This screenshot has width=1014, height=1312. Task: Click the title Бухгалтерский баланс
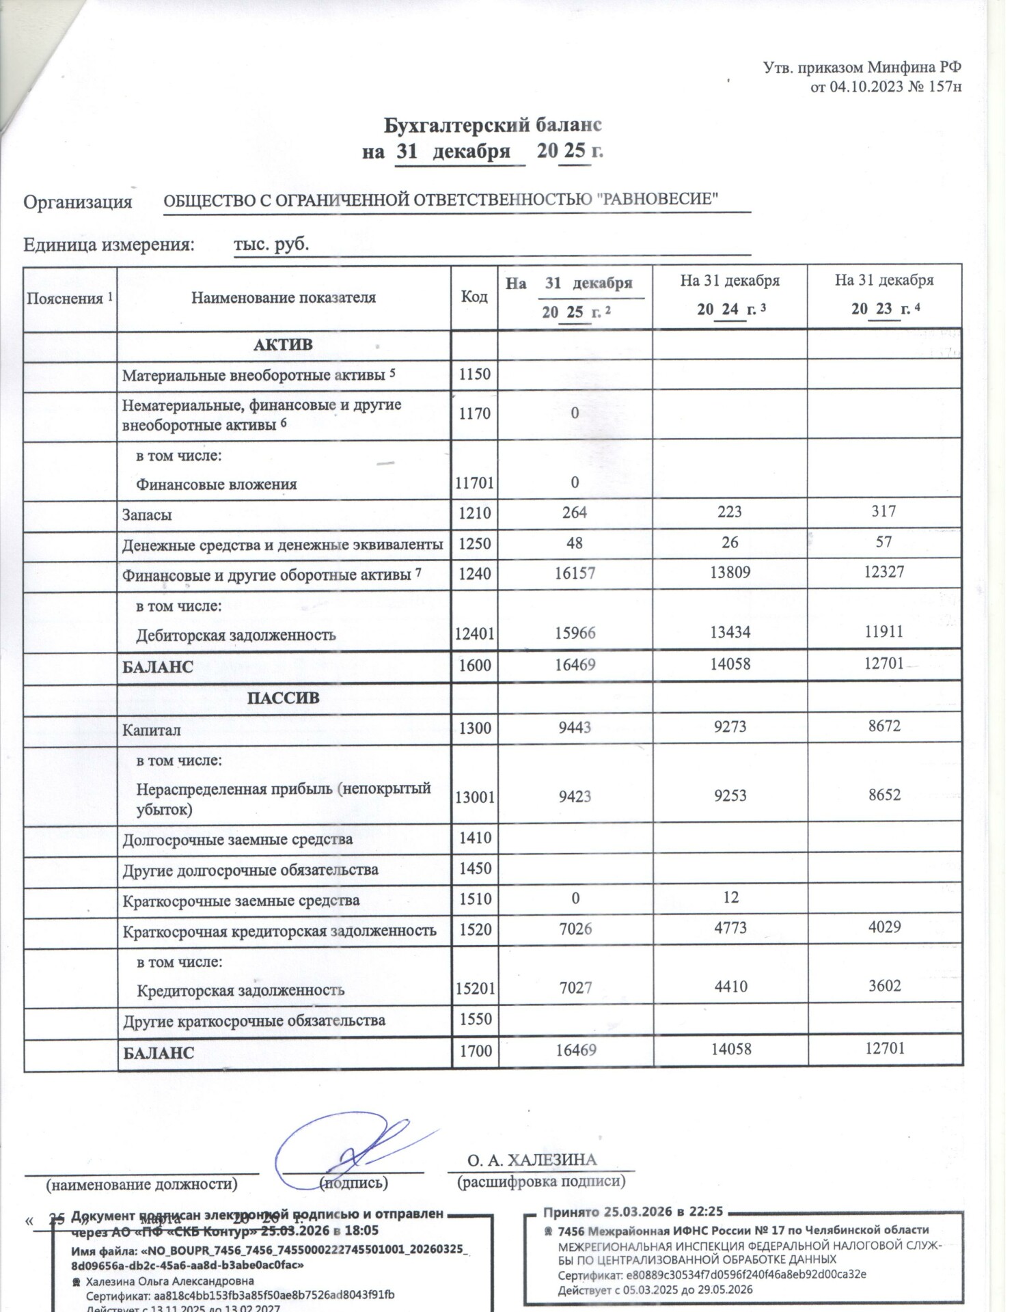tap(492, 125)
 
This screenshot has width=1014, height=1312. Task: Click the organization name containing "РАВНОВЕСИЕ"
tap(441, 200)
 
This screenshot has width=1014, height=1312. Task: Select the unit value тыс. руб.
tap(271, 244)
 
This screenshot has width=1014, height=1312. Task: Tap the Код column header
tap(474, 297)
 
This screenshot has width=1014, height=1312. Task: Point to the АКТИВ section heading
tap(283, 345)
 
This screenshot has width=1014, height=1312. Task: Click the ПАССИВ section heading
tap(283, 698)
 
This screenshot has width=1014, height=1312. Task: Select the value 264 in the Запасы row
tap(574, 512)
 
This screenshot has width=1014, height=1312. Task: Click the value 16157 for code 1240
tap(575, 573)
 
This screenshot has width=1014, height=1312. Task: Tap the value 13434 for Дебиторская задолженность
tap(730, 632)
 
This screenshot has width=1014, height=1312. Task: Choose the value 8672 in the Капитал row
tap(884, 726)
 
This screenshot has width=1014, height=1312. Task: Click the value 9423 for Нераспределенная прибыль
tap(574, 795)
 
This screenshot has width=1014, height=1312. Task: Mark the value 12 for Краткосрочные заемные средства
tap(730, 897)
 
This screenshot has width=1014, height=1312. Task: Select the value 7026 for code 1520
tap(575, 929)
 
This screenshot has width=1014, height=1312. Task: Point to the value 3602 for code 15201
tap(884, 985)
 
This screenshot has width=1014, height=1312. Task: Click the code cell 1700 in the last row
tap(476, 1050)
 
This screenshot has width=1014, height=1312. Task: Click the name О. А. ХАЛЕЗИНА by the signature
tap(532, 1160)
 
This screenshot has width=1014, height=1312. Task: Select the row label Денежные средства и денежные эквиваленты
tap(282, 545)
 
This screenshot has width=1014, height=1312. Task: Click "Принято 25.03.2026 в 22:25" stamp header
tap(633, 1212)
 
